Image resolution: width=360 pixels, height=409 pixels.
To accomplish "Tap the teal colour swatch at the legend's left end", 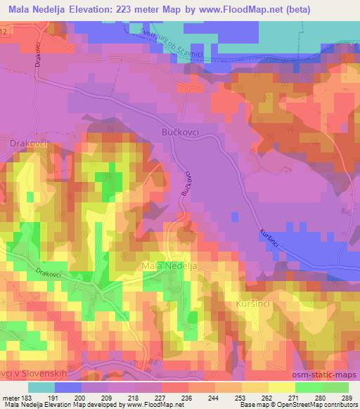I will (41, 387).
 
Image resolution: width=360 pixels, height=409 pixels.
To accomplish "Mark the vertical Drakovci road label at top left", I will (37, 53).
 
